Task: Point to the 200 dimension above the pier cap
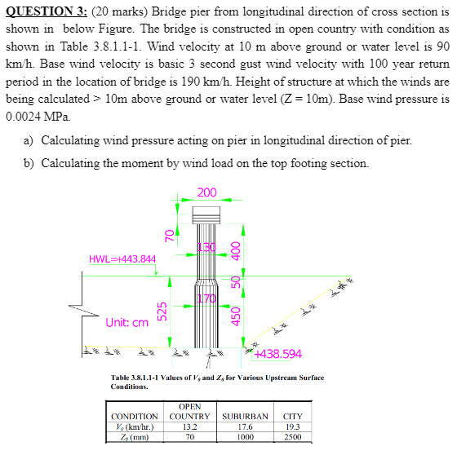coord(207,193)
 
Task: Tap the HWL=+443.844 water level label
coord(122,259)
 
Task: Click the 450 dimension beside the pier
coord(236,315)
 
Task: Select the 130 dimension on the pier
coord(206,248)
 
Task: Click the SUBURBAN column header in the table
coord(245,416)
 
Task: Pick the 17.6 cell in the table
coord(245,426)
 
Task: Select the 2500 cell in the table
coord(292,437)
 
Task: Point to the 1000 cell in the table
coord(245,437)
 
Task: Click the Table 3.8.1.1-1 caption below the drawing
coord(217,382)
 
